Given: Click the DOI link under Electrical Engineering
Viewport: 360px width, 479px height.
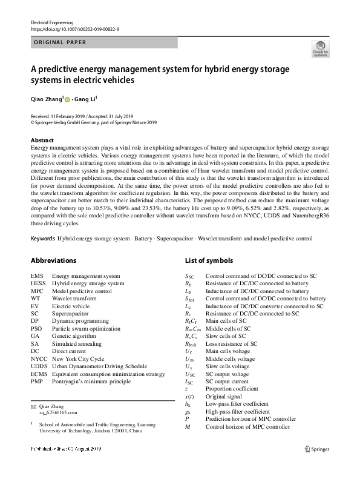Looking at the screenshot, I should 74,28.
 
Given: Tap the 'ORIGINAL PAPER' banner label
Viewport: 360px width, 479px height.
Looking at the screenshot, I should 59,42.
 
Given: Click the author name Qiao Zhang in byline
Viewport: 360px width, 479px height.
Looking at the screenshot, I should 46,99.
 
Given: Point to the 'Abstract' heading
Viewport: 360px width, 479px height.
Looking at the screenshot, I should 42,139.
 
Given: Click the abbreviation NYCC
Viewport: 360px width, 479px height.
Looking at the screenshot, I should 39,358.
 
